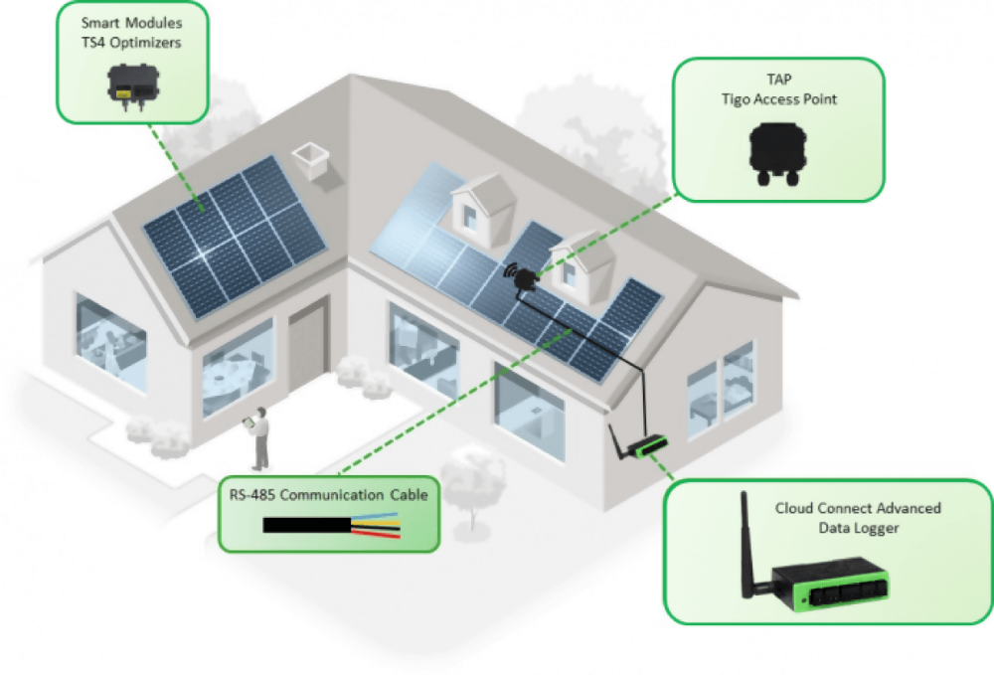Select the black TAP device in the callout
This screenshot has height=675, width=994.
click(777, 157)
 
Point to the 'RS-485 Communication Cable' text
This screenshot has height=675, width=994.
click(328, 493)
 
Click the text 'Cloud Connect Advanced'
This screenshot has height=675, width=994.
click(858, 508)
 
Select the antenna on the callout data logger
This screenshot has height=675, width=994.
click(745, 542)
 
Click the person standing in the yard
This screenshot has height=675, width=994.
click(261, 437)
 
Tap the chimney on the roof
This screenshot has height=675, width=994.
click(311, 159)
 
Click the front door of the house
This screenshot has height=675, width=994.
click(308, 344)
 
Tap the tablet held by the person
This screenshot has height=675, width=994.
click(249, 423)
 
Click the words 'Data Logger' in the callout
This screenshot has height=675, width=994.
click(858, 528)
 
